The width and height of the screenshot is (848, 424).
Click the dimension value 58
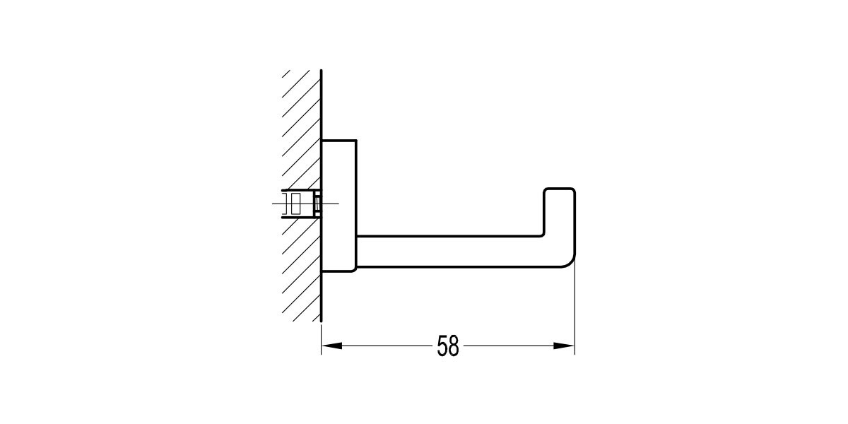(448, 346)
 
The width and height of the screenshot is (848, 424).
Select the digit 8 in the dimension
(454, 346)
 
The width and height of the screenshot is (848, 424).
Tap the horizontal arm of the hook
(452, 251)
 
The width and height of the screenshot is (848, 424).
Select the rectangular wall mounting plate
(339, 205)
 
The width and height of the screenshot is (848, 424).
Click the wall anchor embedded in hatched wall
(297, 204)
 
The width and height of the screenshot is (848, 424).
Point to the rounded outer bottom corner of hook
(570, 262)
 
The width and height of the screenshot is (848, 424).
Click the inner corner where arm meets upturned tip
(544, 235)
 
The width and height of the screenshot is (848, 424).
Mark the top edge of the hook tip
(559, 188)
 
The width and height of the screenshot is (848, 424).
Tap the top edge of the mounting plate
(339, 140)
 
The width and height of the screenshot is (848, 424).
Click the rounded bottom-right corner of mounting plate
(355, 269)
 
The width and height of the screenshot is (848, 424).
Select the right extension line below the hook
(575, 311)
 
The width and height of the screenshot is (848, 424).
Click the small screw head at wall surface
(317, 204)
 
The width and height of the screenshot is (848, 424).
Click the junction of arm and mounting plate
(358, 251)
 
